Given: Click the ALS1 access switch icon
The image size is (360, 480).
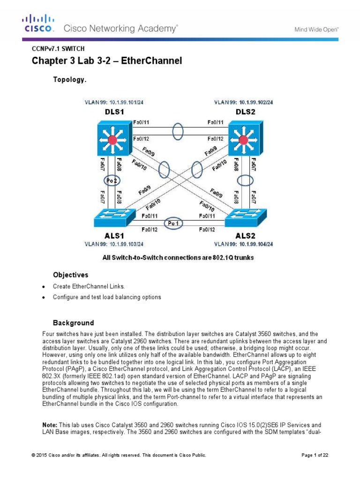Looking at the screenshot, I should pos(111,220).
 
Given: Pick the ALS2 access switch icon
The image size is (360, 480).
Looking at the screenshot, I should pos(244,220).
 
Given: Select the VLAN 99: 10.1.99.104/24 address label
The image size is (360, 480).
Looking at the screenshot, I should pos(243,244).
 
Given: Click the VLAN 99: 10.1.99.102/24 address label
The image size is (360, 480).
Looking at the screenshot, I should pos(243,102).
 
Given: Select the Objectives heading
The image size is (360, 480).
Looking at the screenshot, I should pos(70,275).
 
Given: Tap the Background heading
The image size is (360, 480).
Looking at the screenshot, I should pos(73,323).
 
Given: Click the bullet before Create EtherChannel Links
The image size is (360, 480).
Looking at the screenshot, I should pos(44,286).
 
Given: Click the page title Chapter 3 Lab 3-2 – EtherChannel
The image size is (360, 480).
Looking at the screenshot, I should pos(106,61).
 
